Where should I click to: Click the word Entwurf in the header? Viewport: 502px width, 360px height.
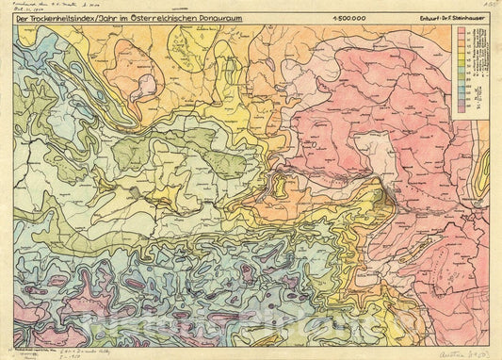click(x=425, y=18)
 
